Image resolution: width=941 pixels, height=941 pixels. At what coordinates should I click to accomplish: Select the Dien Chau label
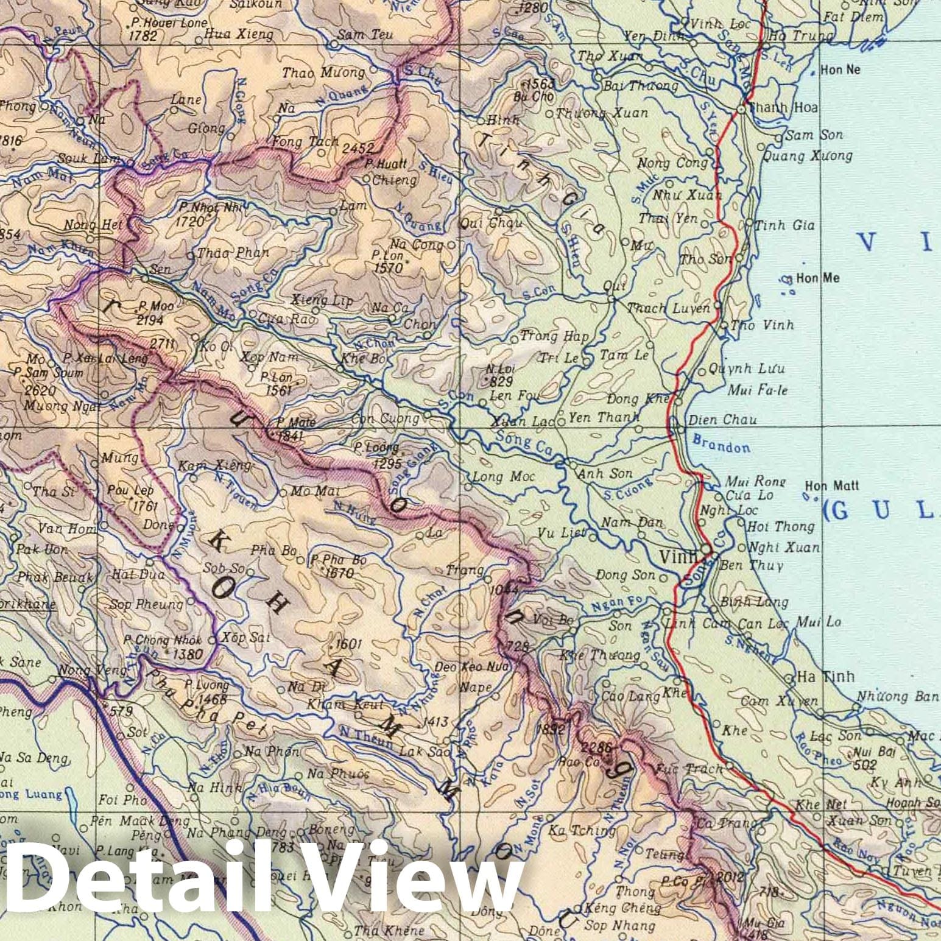tap(722, 420)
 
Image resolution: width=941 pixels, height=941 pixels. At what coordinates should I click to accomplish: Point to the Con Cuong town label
tap(386, 419)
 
